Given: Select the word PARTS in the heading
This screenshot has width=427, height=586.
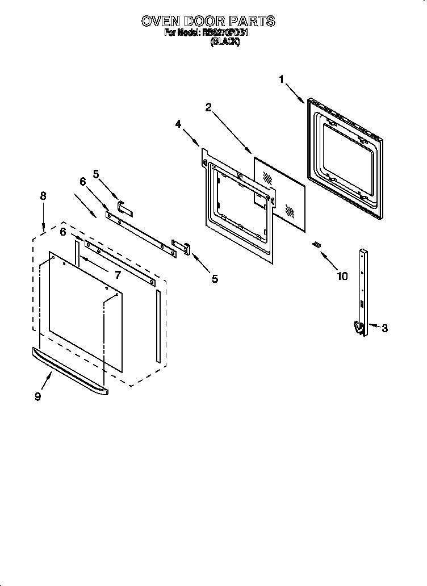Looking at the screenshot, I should click(254, 22).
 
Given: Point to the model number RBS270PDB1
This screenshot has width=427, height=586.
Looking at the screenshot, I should click(225, 33).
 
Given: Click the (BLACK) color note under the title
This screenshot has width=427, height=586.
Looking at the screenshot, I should click(225, 41).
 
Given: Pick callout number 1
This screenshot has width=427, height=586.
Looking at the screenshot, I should click(281, 79).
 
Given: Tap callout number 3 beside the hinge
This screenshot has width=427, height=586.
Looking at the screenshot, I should click(384, 328).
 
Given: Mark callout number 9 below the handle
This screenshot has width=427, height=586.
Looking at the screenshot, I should click(37, 396).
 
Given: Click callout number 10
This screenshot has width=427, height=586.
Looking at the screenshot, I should click(342, 277).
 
